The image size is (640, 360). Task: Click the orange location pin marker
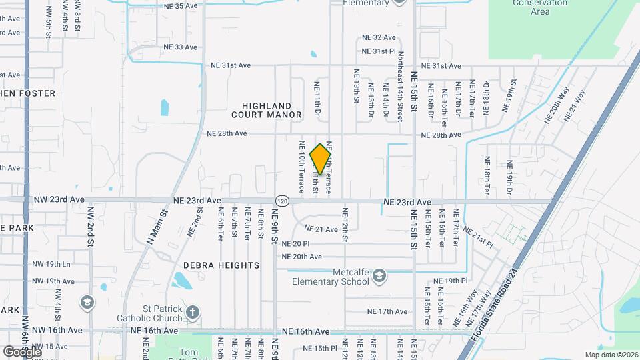pyautogui.click(x=321, y=159)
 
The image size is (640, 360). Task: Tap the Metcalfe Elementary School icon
pyautogui.click(x=379, y=275)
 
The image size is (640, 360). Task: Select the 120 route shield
pyautogui.click(x=282, y=201)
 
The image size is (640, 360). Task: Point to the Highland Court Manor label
pyautogui.click(x=267, y=110)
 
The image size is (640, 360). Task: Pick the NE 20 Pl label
pyautogui.click(x=296, y=244)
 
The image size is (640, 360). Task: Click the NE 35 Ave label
pyautogui.click(x=181, y=6)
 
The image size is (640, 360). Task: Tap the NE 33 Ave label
pyautogui.click(x=181, y=47)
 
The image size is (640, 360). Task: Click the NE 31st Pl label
pyautogui.click(x=379, y=51)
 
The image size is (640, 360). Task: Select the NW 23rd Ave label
pyautogui.click(x=59, y=199)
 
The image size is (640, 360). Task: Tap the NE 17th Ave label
pyautogui.click(x=387, y=311)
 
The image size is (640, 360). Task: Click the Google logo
pyautogui.click(x=22, y=351)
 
